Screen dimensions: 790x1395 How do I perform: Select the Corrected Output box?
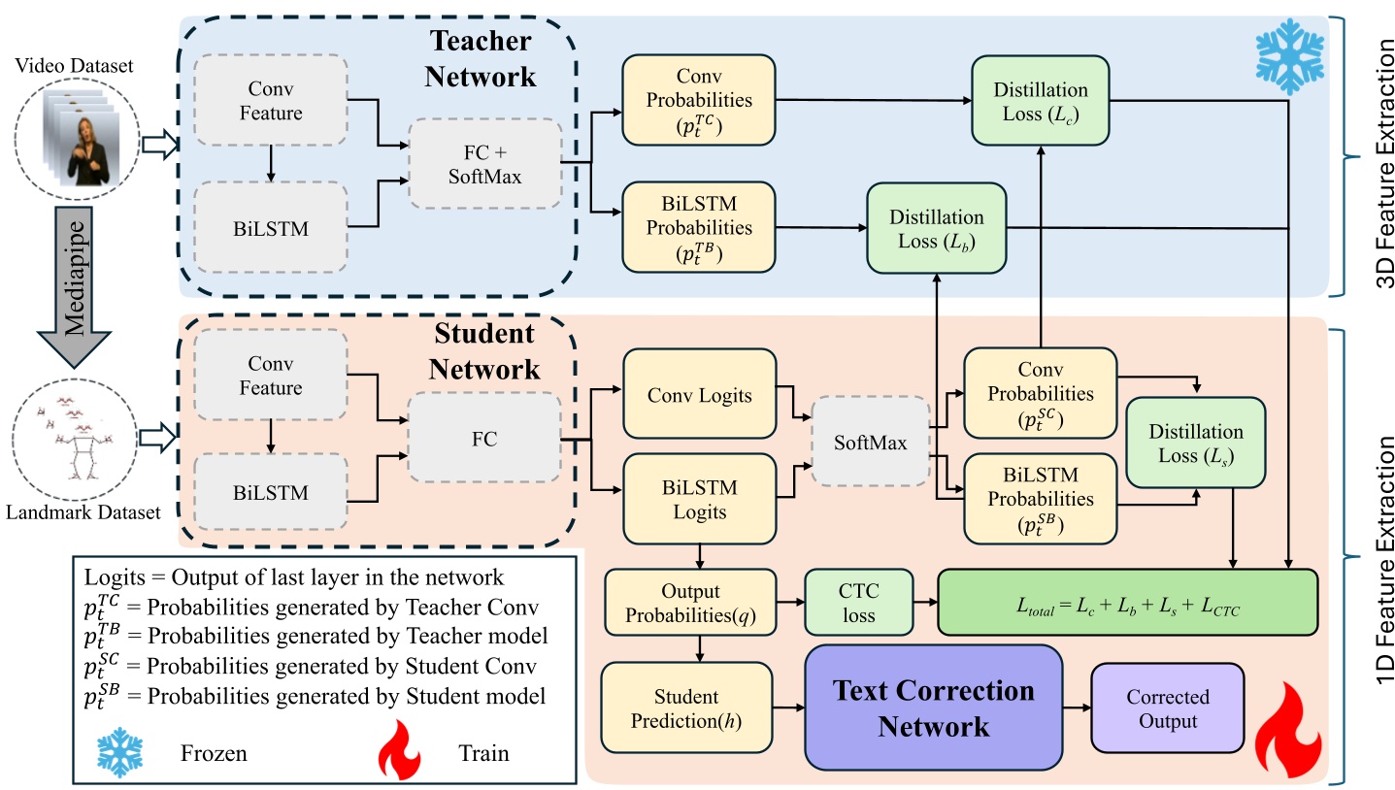1167,709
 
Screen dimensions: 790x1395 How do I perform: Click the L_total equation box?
1126,603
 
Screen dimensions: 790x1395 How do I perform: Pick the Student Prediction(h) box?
687,709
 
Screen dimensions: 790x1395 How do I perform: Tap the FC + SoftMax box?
484,163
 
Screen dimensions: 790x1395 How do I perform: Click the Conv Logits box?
699,395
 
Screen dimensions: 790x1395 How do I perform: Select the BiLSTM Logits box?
699,498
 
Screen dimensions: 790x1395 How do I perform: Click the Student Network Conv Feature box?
271,377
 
